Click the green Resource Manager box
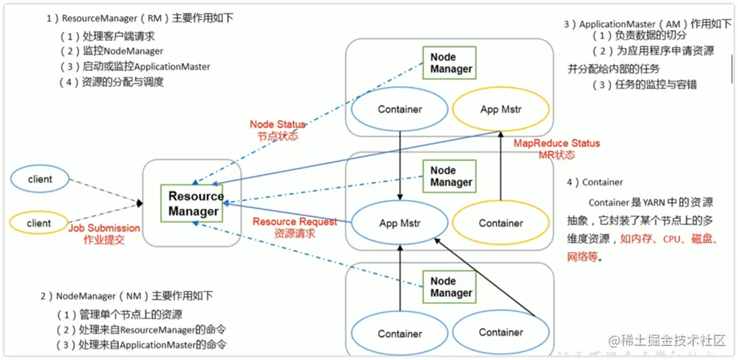(x=194, y=204)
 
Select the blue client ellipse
(x=39, y=179)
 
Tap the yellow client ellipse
(x=39, y=223)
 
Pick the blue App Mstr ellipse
(x=399, y=222)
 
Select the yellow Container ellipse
(x=501, y=223)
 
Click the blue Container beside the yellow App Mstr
(x=400, y=110)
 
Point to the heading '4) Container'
(x=594, y=182)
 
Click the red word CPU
(x=673, y=239)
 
